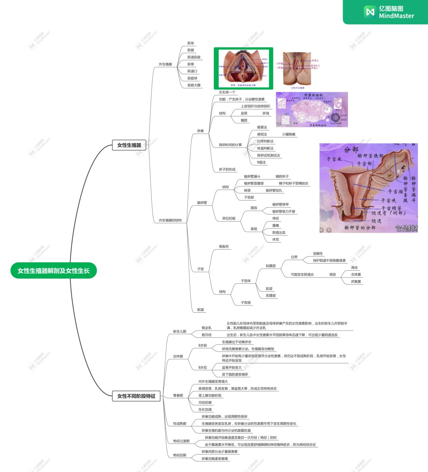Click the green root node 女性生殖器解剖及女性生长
click(53, 271)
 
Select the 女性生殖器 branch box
click(129, 145)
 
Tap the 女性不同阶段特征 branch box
click(136, 396)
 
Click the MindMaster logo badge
click(388, 12)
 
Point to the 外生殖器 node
click(165, 64)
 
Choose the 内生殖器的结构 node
click(170, 220)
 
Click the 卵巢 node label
click(201, 131)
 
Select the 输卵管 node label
click(202, 203)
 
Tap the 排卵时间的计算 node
click(230, 145)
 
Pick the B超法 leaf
click(262, 162)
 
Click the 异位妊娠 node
click(229, 218)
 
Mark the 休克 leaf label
click(275, 240)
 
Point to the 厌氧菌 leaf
click(356, 282)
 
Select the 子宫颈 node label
click(246, 303)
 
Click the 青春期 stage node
click(178, 396)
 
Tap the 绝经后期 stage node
click(180, 455)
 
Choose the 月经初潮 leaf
click(205, 403)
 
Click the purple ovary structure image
click(312, 110)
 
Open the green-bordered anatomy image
click(243, 69)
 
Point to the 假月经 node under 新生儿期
click(206, 335)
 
